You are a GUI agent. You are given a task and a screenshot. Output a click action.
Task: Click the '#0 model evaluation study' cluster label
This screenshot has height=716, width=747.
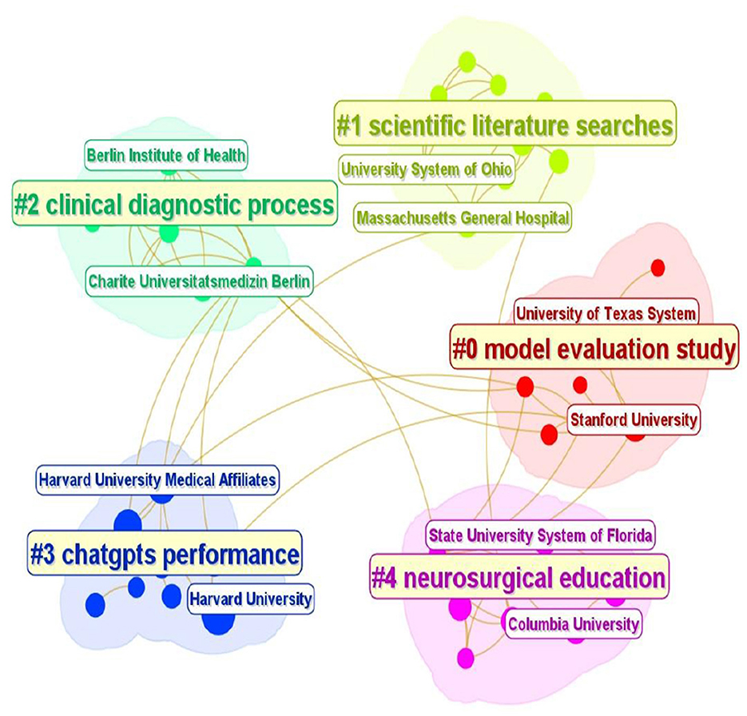click(x=594, y=349)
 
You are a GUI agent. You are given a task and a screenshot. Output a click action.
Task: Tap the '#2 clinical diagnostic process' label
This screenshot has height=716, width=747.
click(x=173, y=205)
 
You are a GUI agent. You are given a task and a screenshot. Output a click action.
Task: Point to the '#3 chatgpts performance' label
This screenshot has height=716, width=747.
click(x=165, y=554)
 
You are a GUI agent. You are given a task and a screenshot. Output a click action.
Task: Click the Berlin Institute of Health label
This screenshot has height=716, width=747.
click(x=166, y=155)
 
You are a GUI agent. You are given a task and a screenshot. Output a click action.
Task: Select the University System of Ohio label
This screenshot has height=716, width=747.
click(x=427, y=169)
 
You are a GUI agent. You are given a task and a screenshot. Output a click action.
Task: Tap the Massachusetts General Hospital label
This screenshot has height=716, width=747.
click(x=463, y=217)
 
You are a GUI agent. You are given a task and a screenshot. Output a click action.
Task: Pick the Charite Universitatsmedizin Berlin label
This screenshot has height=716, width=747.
click(x=200, y=281)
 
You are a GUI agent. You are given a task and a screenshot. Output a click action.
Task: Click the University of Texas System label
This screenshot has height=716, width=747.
click(x=605, y=313)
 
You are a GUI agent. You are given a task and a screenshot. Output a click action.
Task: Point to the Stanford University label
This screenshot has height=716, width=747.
click(x=633, y=419)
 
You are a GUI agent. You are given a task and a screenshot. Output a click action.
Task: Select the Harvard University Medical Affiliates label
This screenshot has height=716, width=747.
click(x=157, y=480)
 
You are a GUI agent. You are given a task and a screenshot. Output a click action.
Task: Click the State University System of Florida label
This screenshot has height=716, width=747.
click(x=540, y=534)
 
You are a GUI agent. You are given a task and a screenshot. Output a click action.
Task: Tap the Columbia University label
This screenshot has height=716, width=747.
click(x=573, y=623)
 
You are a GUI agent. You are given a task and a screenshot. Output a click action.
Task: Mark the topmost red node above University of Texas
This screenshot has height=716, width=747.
click(x=658, y=268)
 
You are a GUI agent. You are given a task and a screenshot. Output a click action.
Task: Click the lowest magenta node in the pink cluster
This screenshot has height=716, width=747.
click(x=465, y=658)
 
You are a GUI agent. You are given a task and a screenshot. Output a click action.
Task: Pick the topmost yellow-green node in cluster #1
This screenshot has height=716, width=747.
click(x=467, y=62)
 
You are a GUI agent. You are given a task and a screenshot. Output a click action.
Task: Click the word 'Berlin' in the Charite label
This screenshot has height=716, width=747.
click(x=289, y=281)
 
